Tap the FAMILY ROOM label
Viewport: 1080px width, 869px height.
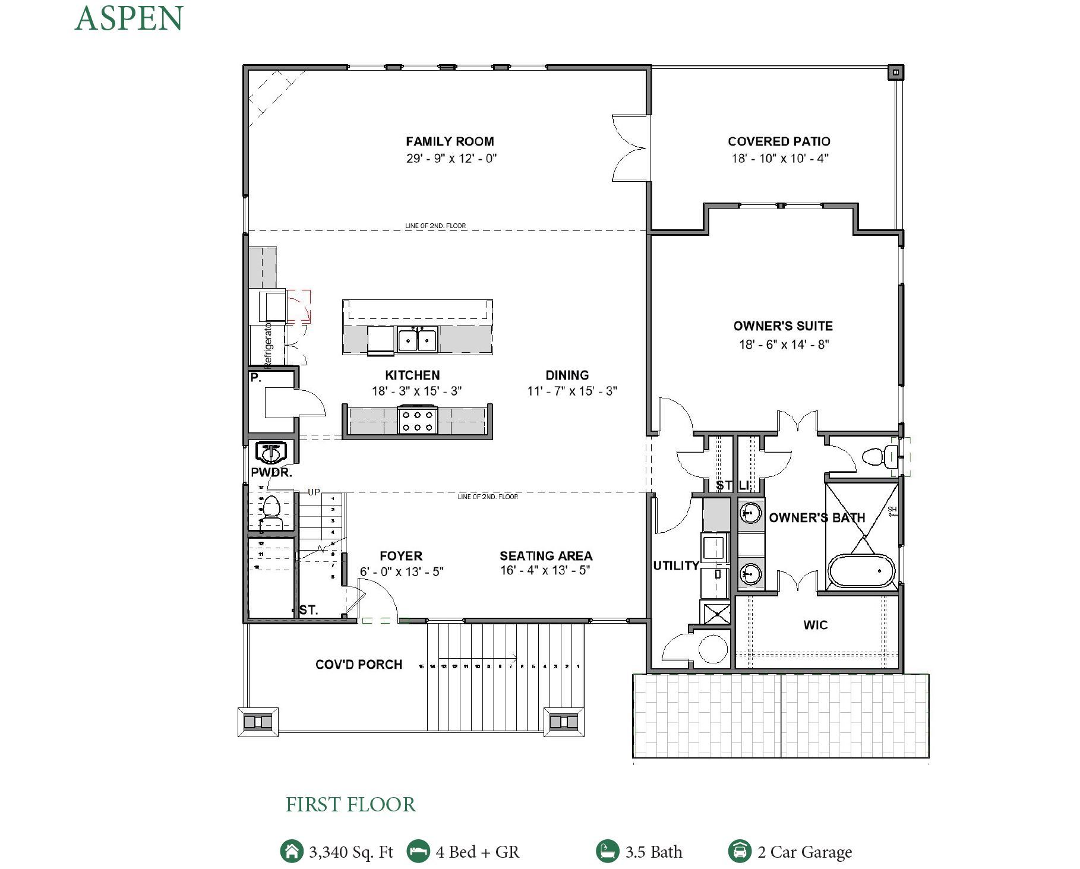tap(450, 141)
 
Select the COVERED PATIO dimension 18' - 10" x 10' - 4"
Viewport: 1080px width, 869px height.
tap(779, 158)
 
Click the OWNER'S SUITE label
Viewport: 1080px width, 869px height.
tap(783, 326)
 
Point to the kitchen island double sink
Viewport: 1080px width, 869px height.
tap(417, 340)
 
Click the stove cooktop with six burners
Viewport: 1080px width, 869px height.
tap(417, 421)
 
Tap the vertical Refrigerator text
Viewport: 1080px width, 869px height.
tap(268, 344)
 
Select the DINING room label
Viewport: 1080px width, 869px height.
tap(567, 375)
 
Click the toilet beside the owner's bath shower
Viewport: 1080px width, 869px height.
tap(877, 457)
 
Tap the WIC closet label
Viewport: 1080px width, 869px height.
tap(815, 625)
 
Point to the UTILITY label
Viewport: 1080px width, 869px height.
tap(676, 565)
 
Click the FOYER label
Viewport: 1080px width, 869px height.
tap(401, 556)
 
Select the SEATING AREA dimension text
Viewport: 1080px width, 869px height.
tap(545, 571)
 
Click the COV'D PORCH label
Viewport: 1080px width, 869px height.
tap(359, 664)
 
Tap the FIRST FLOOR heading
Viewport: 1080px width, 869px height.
tap(350, 805)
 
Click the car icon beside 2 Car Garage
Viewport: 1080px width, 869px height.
tap(740, 851)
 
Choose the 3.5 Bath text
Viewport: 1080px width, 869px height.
tap(653, 852)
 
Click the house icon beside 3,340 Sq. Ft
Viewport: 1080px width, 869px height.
tap(291, 851)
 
